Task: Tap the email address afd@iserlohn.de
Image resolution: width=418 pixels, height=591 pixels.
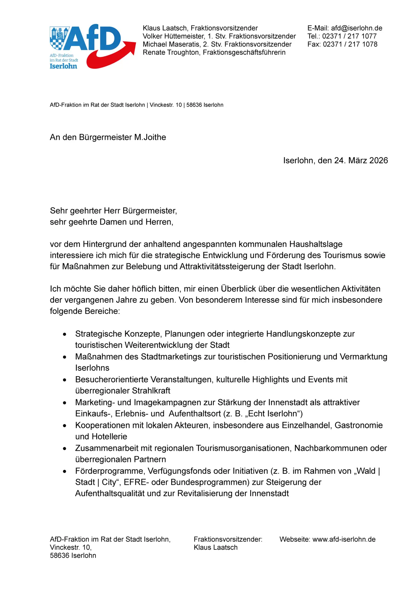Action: tap(356, 28)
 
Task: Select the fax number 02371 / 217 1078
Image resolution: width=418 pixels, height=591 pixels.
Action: tap(350, 44)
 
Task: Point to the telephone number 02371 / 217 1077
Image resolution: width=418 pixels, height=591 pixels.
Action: tap(349, 36)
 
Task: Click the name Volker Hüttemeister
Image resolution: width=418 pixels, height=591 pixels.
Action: tap(174, 36)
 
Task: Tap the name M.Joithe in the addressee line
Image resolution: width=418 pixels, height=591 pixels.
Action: tap(150, 137)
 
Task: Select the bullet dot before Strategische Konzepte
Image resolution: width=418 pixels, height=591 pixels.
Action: tap(65, 334)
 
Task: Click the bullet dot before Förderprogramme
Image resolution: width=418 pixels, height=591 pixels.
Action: tap(65, 472)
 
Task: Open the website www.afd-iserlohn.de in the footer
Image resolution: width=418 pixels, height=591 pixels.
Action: tap(344, 539)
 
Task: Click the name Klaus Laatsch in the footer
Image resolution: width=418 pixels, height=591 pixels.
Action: tap(215, 547)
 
